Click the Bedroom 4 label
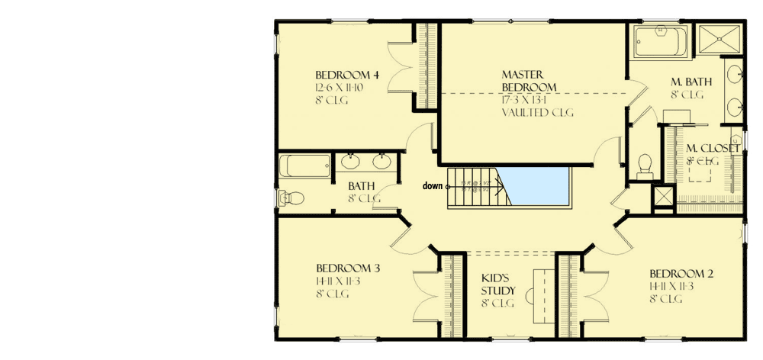pos(347,75)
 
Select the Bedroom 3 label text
pos(348,268)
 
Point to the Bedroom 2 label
pos(681,274)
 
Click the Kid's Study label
pos(497,284)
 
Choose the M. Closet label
pos(711,148)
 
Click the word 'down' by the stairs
pos(433,185)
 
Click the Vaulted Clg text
pos(537,112)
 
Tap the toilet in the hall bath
pos(291,198)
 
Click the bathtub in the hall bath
pos(305,165)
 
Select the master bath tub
pos(661,42)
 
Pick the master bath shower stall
pos(719,42)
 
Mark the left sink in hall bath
pos(351,161)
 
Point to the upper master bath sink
pos(733,75)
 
